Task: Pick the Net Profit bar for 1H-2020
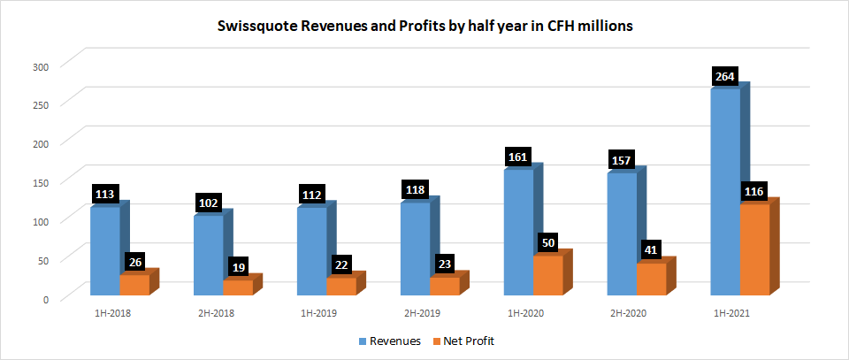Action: [547, 275]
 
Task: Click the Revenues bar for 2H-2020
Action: [622, 234]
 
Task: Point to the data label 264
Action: [725, 77]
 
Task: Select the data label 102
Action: [209, 203]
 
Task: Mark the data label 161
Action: [518, 157]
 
